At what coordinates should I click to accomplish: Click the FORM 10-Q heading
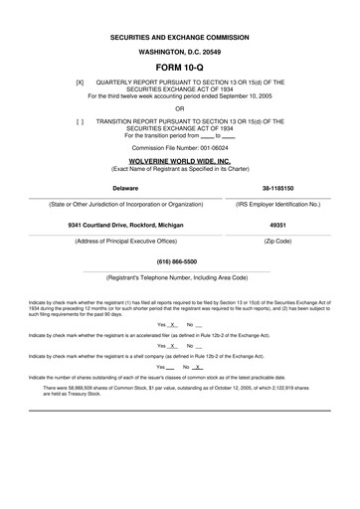(x=180, y=66)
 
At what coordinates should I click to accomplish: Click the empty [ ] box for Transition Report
(x=80, y=120)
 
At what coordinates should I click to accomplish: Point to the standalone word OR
(x=180, y=108)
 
